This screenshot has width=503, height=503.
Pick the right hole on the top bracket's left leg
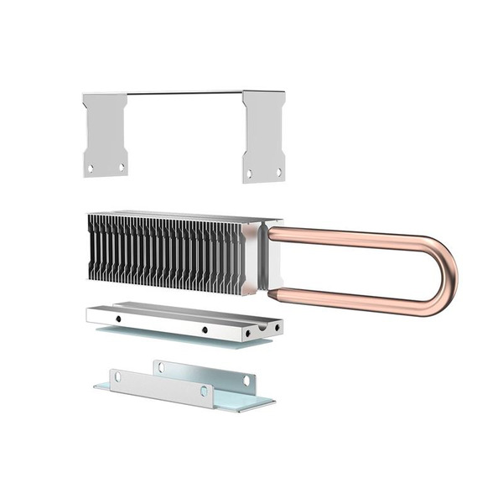121,167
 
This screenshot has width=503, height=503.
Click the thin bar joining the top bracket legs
184,93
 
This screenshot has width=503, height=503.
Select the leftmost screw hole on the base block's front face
118,319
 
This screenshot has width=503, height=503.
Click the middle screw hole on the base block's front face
204,329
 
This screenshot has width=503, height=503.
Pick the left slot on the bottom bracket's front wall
118,377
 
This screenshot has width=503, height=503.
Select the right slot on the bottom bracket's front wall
203,391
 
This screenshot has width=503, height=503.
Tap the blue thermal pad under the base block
168,335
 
